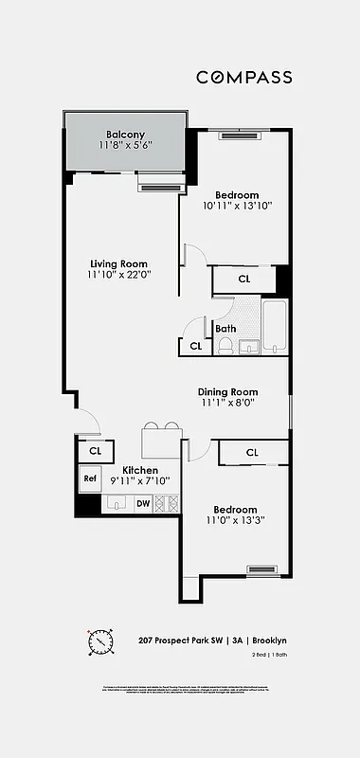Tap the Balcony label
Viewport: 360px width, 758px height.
click(x=125, y=134)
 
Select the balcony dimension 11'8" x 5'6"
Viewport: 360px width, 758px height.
click(x=125, y=146)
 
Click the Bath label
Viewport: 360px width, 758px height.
click(x=225, y=329)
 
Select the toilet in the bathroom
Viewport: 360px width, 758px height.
click(x=225, y=347)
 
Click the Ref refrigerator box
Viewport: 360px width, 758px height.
click(x=90, y=478)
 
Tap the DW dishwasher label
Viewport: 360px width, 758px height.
click(x=142, y=503)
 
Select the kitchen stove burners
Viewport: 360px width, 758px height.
click(x=166, y=504)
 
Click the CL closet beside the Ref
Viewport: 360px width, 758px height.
click(x=95, y=451)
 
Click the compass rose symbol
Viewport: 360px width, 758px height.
click(x=101, y=642)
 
